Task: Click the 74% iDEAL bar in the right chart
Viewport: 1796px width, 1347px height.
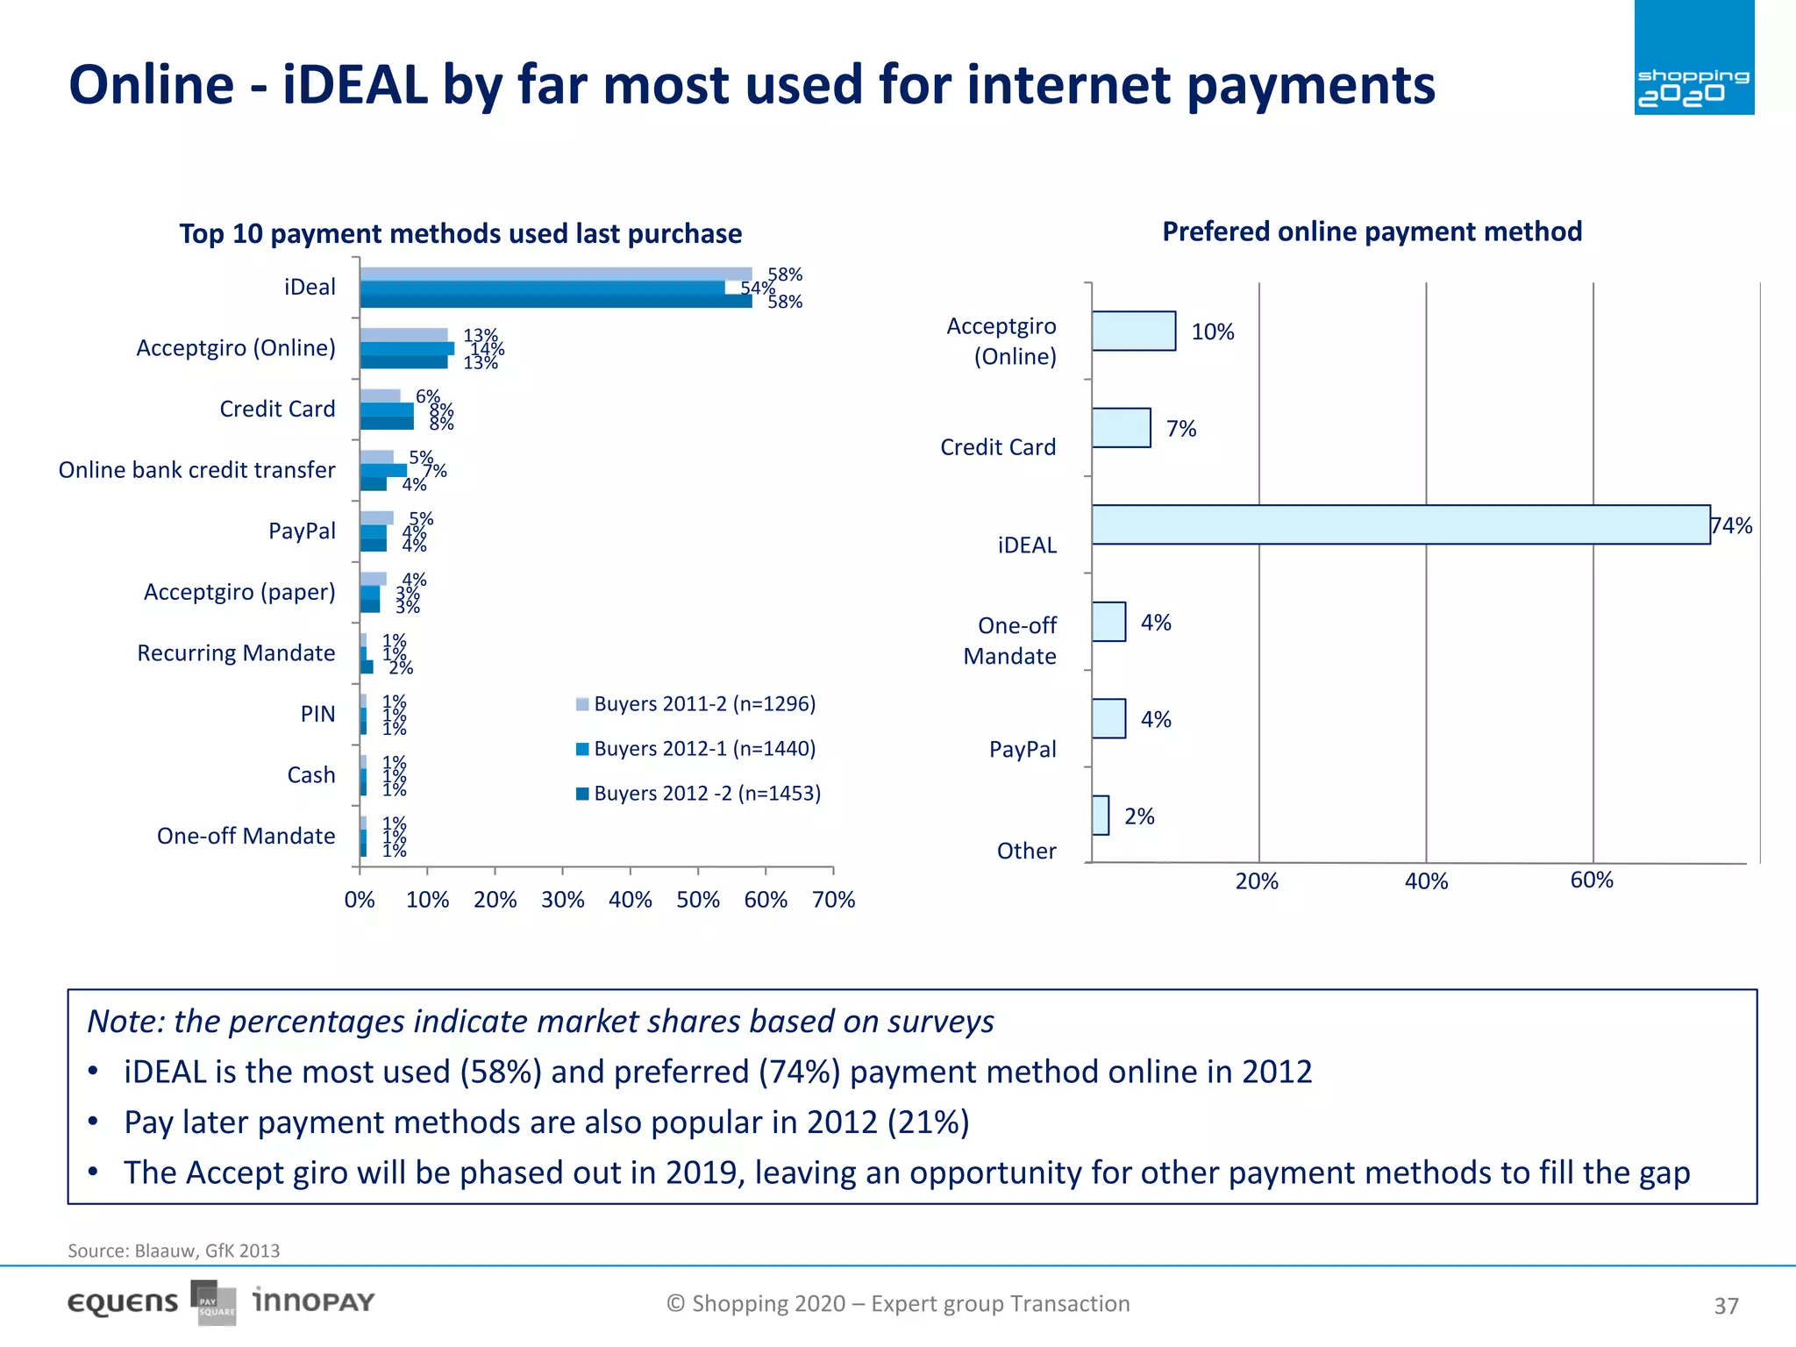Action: click(1400, 524)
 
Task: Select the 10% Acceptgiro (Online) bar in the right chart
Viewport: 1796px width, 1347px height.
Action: click(1133, 331)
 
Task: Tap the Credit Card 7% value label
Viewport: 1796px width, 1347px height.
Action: click(1180, 429)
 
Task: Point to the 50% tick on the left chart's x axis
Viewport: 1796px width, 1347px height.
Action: click(698, 900)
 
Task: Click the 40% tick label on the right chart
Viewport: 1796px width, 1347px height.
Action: click(1426, 881)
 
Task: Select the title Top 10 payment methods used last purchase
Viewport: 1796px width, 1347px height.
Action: click(460, 234)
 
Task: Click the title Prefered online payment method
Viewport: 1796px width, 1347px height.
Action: click(1372, 232)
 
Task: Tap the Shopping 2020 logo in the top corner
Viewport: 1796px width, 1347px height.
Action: click(1693, 59)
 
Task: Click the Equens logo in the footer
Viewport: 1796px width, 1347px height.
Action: click(123, 1303)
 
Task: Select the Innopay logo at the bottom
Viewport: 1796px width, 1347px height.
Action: click(313, 1301)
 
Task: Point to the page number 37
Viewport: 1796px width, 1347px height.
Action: click(1726, 1306)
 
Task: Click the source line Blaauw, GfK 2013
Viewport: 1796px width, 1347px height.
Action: click(174, 1251)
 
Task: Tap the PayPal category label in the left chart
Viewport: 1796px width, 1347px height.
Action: click(302, 531)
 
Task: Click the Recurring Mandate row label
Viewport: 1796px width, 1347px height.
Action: click(236, 653)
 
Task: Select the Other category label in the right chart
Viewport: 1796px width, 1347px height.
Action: click(1026, 851)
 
